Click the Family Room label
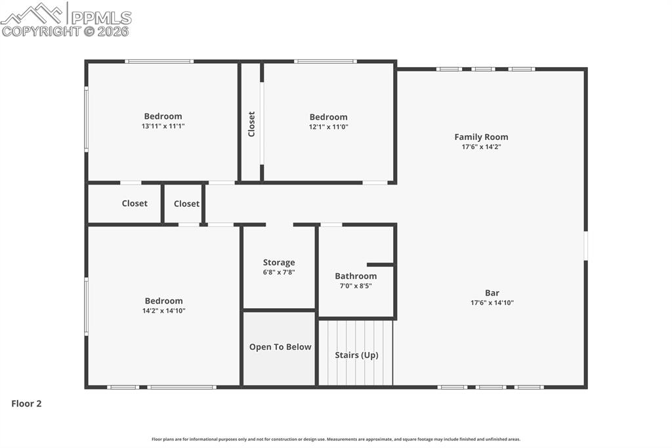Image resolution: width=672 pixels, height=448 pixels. click(x=481, y=137)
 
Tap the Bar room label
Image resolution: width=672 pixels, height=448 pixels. click(x=492, y=293)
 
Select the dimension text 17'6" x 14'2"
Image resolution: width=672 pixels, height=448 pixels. click(x=481, y=147)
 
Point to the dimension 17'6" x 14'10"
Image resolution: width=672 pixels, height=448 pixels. click(x=492, y=303)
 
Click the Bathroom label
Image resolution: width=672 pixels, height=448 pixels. click(x=356, y=276)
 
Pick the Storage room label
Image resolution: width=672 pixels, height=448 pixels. click(x=279, y=262)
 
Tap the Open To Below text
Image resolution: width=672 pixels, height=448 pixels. click(x=280, y=347)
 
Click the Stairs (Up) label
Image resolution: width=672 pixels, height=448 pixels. click(x=356, y=355)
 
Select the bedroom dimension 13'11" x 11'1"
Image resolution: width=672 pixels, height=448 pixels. click(x=163, y=126)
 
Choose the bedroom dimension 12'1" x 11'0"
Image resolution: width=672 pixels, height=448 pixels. click(x=328, y=127)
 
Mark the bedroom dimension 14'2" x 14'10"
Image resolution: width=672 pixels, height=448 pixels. click(x=163, y=311)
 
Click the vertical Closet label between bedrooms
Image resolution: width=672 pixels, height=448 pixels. click(x=251, y=123)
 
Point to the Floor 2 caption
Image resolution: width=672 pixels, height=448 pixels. click(x=26, y=403)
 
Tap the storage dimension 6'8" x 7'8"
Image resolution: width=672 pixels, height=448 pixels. click(x=279, y=272)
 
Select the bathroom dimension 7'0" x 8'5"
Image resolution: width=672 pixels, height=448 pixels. click(x=356, y=286)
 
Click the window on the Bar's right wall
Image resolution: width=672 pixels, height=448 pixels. click(x=585, y=245)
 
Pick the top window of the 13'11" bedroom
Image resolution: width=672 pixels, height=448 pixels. click(x=159, y=62)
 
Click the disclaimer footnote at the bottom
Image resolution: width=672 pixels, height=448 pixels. click(x=336, y=439)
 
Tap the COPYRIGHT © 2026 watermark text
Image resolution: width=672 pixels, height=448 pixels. click(x=66, y=31)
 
